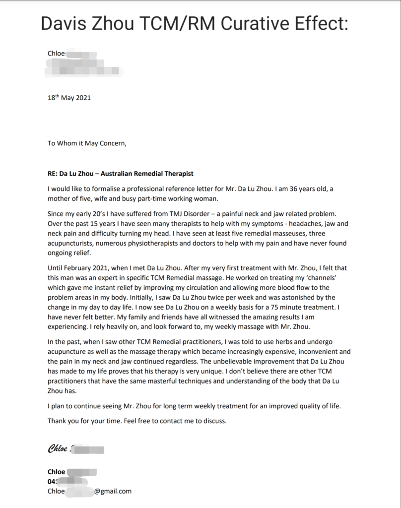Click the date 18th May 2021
pos(69,98)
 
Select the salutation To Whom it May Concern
pos(87,144)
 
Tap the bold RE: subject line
pos(121,174)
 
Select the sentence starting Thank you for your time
pos(137,421)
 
